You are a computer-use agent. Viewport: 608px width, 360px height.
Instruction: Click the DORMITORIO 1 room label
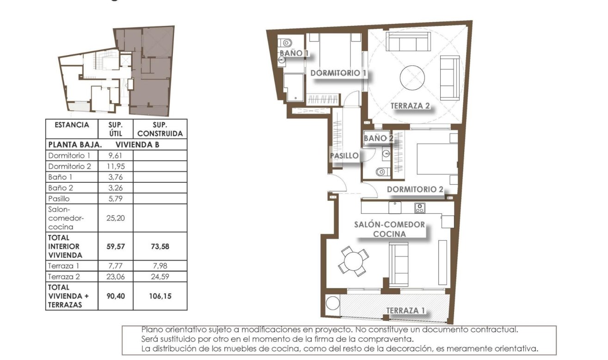click(x=338, y=73)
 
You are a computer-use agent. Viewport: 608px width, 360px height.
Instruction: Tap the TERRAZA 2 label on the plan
click(x=410, y=106)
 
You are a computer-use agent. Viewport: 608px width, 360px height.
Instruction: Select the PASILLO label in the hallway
click(x=344, y=156)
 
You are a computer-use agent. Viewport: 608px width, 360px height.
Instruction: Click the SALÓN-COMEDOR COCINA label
click(x=389, y=229)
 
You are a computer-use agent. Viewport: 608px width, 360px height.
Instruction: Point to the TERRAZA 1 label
click(x=405, y=310)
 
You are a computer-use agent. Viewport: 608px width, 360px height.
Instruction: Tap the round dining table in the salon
click(x=354, y=261)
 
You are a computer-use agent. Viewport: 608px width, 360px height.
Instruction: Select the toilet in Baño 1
click(x=287, y=43)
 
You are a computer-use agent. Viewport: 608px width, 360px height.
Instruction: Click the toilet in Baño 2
click(x=381, y=172)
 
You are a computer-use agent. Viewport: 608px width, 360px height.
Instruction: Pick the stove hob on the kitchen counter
click(x=419, y=208)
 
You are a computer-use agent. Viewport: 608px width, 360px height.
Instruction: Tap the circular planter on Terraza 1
click(x=332, y=304)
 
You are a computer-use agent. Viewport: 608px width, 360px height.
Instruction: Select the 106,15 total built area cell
click(x=160, y=296)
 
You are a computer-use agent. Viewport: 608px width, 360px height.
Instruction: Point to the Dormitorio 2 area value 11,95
click(x=116, y=166)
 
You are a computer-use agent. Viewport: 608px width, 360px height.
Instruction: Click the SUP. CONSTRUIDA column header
click(x=160, y=129)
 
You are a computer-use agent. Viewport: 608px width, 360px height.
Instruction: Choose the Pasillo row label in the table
click(x=59, y=199)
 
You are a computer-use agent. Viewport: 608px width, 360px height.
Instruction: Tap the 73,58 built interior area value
click(x=160, y=247)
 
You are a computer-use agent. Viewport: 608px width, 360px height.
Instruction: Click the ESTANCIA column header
click(x=72, y=125)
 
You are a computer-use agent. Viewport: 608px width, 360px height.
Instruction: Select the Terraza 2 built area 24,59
click(x=160, y=277)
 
